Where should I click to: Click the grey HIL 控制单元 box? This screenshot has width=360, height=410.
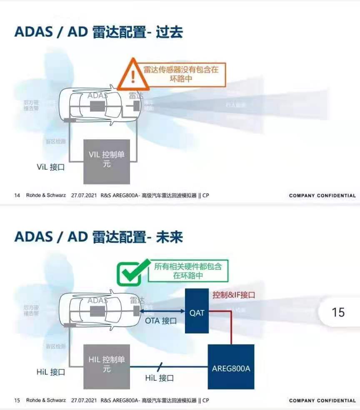coord(107,364)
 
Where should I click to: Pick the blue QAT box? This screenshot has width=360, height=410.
coord(197,311)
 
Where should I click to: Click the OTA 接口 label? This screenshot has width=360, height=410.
coord(161,321)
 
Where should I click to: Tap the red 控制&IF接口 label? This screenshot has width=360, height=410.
coord(233,295)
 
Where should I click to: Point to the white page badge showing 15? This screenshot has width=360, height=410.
coord(338,312)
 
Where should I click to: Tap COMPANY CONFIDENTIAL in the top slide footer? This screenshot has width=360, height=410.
coord(322,195)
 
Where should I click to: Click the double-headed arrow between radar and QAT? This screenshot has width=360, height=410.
coord(162,311)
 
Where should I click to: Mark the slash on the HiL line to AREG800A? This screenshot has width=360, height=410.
coord(160,367)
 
